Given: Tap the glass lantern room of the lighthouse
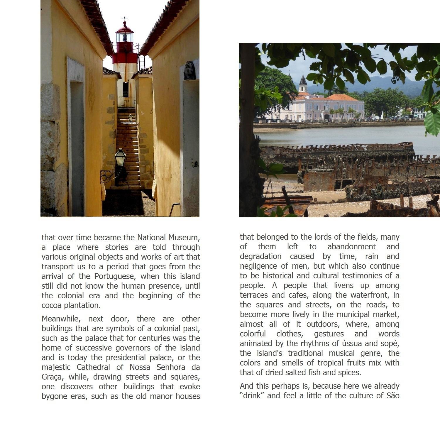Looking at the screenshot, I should click(125, 37).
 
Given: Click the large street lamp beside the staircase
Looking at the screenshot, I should click(120, 158).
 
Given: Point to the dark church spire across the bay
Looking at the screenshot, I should click(303, 81).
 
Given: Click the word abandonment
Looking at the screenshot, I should click(351, 247).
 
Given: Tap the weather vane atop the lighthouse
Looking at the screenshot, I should click(124, 18).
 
